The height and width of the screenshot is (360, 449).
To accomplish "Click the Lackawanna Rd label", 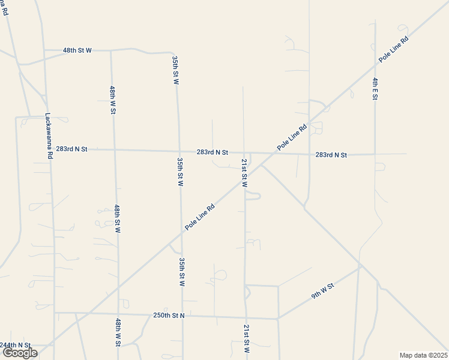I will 49,137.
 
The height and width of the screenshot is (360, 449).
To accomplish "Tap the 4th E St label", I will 375,89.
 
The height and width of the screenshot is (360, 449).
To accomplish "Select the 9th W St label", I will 322,292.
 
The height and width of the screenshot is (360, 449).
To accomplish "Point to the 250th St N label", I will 169,315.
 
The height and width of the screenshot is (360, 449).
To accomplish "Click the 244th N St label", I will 15,345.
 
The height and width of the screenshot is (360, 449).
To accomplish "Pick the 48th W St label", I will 112,100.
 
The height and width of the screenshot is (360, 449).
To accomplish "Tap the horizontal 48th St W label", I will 77,50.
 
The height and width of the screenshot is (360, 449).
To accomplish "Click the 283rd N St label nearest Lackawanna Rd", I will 71,148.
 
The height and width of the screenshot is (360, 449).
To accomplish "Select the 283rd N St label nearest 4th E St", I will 331,155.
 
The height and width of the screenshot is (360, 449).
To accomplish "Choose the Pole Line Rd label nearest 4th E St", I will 393,50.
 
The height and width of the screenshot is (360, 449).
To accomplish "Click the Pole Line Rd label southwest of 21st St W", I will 200,217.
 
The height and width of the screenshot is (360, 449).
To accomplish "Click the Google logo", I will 20,353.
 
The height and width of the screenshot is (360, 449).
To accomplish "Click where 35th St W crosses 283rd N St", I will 179,151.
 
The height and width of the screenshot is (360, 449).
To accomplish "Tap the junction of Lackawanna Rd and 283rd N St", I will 50,148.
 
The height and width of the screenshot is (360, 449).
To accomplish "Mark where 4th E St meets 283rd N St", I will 375,154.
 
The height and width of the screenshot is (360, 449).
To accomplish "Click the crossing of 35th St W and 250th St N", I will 182,315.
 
